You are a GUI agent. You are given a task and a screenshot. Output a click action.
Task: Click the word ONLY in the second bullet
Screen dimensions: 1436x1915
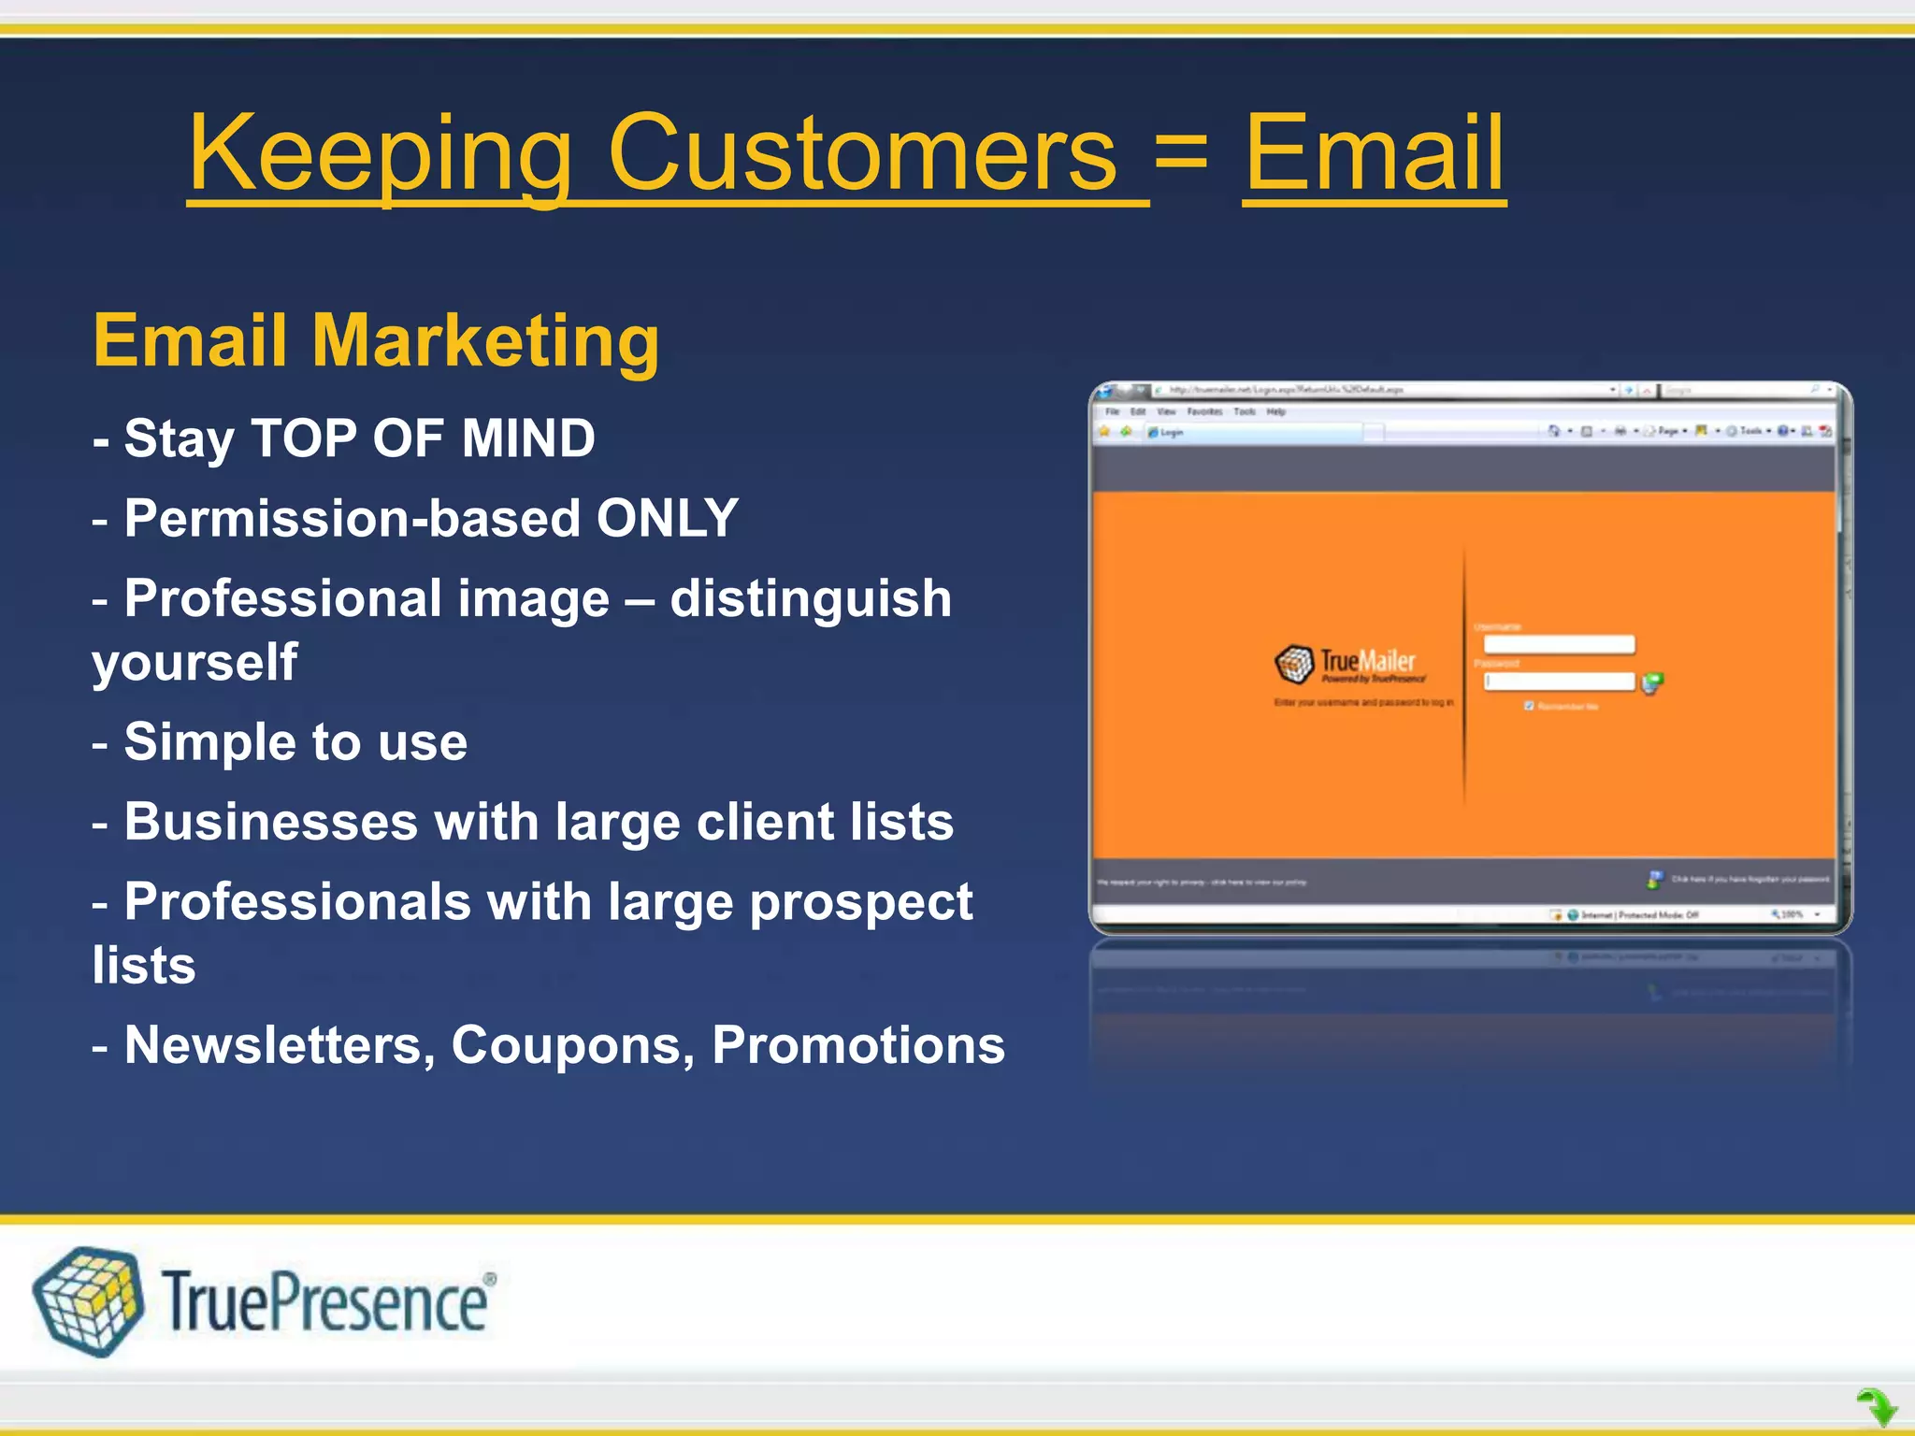[668, 518]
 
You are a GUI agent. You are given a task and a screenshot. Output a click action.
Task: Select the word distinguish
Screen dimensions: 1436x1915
[810, 598]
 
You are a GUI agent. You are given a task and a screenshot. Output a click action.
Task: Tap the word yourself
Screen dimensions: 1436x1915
[194, 663]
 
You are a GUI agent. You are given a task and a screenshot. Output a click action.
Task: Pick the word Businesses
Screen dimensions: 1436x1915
[271, 822]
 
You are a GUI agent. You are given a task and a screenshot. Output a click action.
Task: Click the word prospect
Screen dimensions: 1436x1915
[860, 903]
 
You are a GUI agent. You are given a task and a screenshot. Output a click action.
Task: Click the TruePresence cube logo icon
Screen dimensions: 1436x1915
[88, 1300]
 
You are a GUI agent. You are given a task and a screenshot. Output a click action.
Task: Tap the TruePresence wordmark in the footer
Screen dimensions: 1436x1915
[325, 1301]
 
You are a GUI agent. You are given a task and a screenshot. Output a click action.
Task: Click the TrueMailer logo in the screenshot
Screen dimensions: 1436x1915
[1346, 664]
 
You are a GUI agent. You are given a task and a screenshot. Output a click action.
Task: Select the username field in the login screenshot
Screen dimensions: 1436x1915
[1559, 644]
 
